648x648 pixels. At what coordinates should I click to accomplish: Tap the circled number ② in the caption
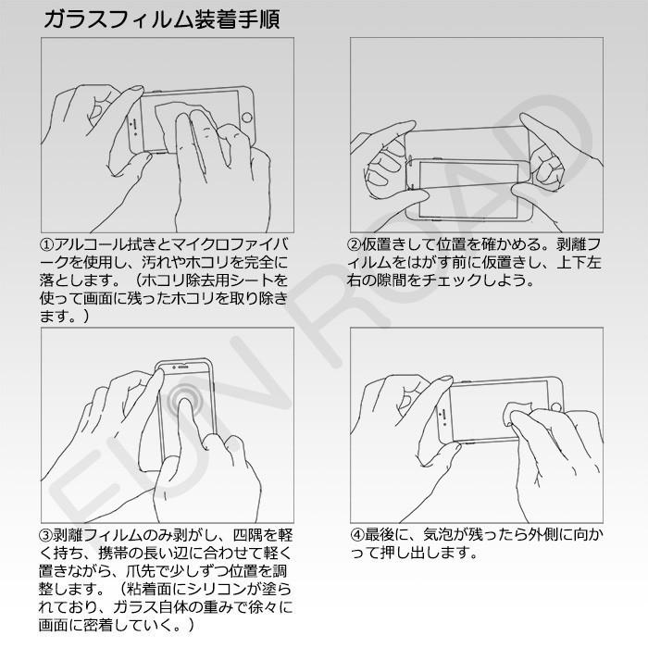[357, 245]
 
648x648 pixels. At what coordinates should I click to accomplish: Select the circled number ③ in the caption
[46, 535]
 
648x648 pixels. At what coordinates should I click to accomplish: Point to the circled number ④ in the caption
[357, 535]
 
